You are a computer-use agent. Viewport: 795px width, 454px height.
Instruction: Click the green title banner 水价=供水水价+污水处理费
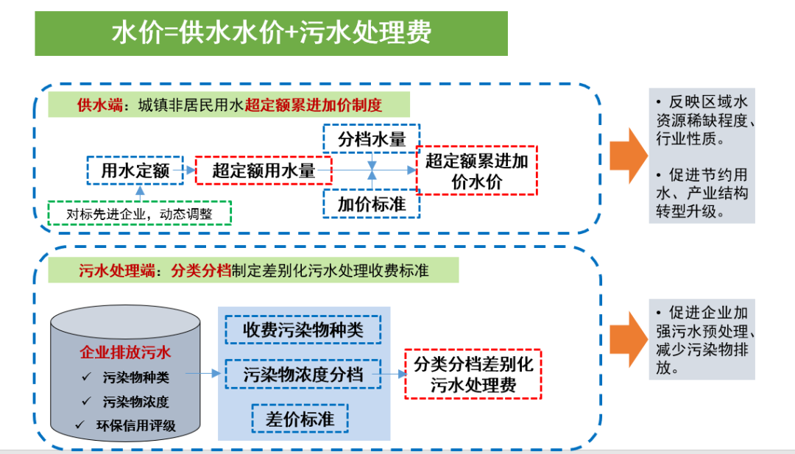pyautogui.click(x=271, y=33)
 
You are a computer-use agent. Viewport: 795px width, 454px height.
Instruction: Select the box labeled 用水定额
pyautogui.click(x=135, y=171)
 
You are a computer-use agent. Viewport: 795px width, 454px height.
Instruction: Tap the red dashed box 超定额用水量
pyautogui.click(x=264, y=171)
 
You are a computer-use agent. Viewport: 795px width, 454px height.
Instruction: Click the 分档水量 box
pyautogui.click(x=371, y=138)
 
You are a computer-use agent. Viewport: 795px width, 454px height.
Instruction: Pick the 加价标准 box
pyautogui.click(x=371, y=203)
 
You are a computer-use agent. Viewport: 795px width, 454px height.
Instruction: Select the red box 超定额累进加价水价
pyautogui.click(x=477, y=171)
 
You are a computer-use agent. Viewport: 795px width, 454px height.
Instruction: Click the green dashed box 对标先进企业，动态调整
pyautogui.click(x=139, y=213)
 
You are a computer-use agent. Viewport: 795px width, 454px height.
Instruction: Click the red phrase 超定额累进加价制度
pyautogui.click(x=314, y=105)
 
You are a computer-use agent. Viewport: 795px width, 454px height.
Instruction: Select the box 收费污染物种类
pyautogui.click(x=303, y=330)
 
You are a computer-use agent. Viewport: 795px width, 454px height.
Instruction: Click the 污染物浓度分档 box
pyautogui.click(x=303, y=374)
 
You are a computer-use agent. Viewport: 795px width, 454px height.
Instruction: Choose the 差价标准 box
pyautogui.click(x=300, y=418)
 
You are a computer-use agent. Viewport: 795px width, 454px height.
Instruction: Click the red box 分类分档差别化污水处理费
pyautogui.click(x=473, y=374)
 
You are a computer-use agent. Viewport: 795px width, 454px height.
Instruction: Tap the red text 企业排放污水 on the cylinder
pyautogui.click(x=124, y=352)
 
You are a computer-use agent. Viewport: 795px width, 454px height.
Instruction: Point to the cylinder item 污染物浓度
pyautogui.click(x=136, y=402)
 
